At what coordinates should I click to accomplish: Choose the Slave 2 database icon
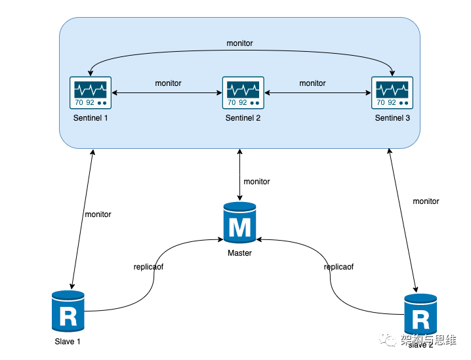[420, 317]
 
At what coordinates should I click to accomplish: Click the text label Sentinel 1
[91, 118]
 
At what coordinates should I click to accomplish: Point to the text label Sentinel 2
[243, 118]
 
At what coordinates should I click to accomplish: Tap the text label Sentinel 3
[392, 118]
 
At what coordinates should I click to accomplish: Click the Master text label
[239, 252]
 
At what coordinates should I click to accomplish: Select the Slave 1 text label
[68, 341]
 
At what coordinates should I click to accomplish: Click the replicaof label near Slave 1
[148, 267]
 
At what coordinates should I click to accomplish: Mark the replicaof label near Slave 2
[338, 267]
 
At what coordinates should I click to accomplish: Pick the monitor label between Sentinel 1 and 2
[168, 83]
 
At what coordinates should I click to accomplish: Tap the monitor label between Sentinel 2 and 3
[312, 83]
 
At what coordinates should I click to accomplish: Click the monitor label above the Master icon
[256, 182]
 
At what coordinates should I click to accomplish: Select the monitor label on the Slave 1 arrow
[98, 214]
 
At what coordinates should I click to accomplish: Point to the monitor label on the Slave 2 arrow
[426, 201]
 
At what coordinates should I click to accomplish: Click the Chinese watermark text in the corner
[429, 339]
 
